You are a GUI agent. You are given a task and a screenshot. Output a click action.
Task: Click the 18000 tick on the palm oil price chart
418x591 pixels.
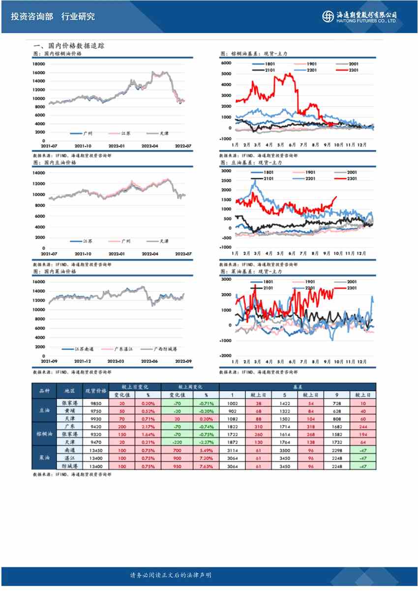tap(39, 64)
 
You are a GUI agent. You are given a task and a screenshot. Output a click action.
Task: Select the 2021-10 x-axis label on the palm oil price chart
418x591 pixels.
tap(84, 146)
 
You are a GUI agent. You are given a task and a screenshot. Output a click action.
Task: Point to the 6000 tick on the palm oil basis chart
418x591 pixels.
tap(226, 63)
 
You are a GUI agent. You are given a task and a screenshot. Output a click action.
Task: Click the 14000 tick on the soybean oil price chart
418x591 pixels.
tap(39, 173)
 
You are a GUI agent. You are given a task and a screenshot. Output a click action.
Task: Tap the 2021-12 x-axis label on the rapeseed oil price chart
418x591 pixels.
tap(84, 361)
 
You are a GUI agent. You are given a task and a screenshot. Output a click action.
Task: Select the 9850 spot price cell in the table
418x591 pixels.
tap(96, 403)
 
